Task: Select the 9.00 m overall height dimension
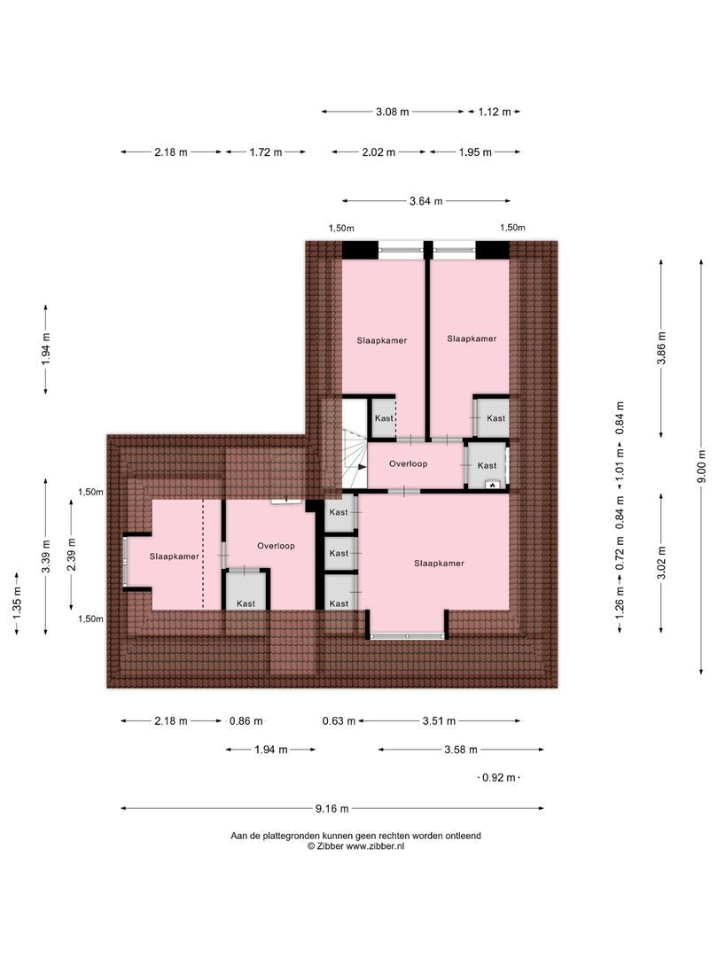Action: pyautogui.click(x=701, y=466)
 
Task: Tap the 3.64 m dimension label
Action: pyautogui.click(x=426, y=201)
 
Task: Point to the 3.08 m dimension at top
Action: pyautogui.click(x=392, y=112)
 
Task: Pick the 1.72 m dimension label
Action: pyautogui.click(x=265, y=152)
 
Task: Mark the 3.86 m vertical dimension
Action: pyautogui.click(x=661, y=347)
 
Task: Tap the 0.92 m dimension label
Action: pyautogui.click(x=497, y=778)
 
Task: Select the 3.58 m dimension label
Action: pyautogui.click(x=461, y=750)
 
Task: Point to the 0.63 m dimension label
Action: pyautogui.click(x=339, y=721)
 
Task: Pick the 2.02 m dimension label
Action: pyautogui.click(x=379, y=152)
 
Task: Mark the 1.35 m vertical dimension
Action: pyautogui.click(x=16, y=603)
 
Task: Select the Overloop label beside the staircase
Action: pyautogui.click(x=409, y=463)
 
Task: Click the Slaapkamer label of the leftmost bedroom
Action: pyautogui.click(x=173, y=557)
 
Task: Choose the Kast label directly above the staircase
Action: pyautogui.click(x=384, y=417)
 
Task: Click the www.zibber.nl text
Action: pyautogui.click(x=375, y=846)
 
